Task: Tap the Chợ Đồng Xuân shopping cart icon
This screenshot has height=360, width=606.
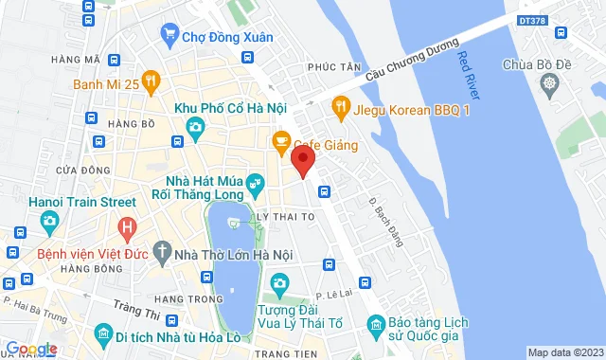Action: [x=169, y=37]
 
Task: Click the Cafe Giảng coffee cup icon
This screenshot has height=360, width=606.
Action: [x=280, y=143]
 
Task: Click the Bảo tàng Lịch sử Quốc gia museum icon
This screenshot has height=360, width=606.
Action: [x=377, y=327]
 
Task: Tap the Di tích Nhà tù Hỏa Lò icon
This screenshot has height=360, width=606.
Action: [x=102, y=334]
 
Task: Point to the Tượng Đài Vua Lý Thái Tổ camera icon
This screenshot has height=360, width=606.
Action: [x=279, y=283]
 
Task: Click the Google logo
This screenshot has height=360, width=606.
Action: [x=31, y=349]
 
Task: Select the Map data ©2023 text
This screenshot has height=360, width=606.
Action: [x=563, y=352]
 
